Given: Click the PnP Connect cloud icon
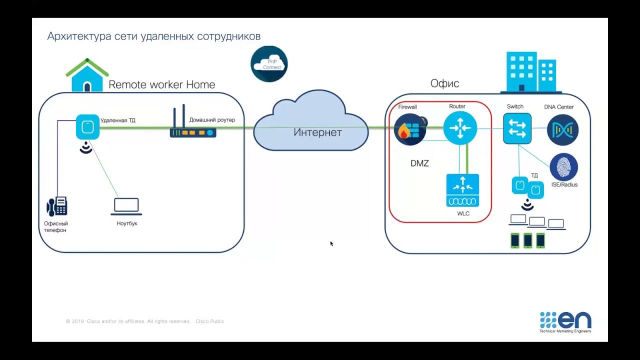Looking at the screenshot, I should pos(269,64).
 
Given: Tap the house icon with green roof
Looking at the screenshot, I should pos(87,75).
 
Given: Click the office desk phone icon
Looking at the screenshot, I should pos(57,206).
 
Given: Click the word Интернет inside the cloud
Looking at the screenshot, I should pos(317,132).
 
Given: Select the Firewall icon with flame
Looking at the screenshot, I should pos(410,129).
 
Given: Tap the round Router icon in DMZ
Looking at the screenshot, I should pos(460,128).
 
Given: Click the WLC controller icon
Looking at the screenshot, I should pos(462,190).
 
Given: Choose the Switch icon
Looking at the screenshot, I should pos(517,128).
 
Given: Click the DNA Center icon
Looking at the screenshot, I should pos(562,129).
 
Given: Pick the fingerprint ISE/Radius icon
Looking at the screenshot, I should pos(563,167).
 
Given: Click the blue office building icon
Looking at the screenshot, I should pos(530,72).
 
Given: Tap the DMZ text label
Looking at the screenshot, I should pos(419,163).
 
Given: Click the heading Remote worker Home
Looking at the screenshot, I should pos(161,84).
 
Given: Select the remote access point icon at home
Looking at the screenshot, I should pos(87,127).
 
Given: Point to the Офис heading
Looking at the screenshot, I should pos(444,83).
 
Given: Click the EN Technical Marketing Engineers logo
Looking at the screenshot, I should pos(565,322).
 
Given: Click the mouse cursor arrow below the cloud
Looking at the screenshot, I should pos(331,243).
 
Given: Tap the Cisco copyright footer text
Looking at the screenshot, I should pos(145,321).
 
